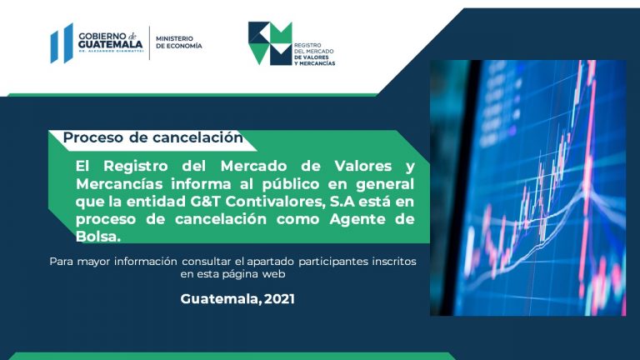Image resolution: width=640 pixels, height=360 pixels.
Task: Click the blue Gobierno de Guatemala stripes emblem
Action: point(62,43)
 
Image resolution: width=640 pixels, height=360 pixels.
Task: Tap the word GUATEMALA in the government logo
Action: point(111,44)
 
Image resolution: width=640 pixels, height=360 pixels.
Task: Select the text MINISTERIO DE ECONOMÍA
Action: point(179,42)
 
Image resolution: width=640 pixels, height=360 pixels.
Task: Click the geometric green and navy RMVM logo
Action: point(270,43)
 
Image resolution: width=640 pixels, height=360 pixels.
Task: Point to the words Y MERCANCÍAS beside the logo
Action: point(315,63)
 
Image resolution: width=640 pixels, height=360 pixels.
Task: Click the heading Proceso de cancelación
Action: point(153,137)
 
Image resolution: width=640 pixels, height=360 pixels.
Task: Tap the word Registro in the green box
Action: point(136,166)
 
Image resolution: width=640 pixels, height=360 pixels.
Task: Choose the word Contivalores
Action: point(276,202)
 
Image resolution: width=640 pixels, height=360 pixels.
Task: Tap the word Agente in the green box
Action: point(357,220)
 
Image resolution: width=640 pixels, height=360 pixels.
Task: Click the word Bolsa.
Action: point(98,237)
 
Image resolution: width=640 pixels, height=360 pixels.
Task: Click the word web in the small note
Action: point(273,274)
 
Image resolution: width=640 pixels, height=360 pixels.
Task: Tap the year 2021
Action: point(279,299)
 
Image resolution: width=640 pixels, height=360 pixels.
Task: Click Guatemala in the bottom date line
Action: point(220,299)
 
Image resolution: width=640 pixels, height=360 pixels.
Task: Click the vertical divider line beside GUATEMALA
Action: point(149,42)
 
